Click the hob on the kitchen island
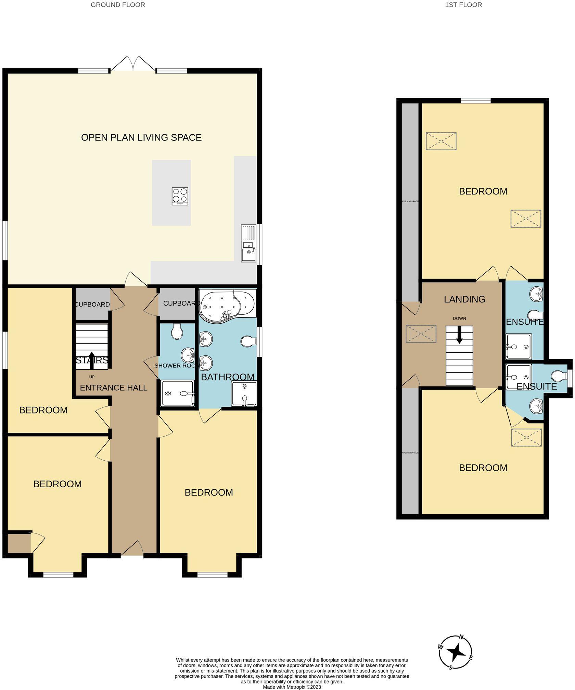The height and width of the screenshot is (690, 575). [x=180, y=196]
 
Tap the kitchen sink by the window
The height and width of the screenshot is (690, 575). [x=248, y=243]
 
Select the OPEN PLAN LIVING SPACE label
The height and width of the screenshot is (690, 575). [x=141, y=137]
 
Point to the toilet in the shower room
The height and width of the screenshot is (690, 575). [x=177, y=331]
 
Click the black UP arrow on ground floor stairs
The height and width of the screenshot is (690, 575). [x=91, y=360]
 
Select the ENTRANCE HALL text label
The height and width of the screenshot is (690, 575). [x=114, y=388]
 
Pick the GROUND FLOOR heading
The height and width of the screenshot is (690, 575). [x=118, y=5]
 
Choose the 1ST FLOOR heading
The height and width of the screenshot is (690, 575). [x=463, y=5]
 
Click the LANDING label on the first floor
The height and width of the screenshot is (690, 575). [x=464, y=299]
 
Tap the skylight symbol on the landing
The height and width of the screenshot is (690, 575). [x=421, y=334]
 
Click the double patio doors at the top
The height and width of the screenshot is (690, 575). [x=133, y=64]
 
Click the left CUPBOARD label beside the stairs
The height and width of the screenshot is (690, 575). [x=92, y=304]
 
